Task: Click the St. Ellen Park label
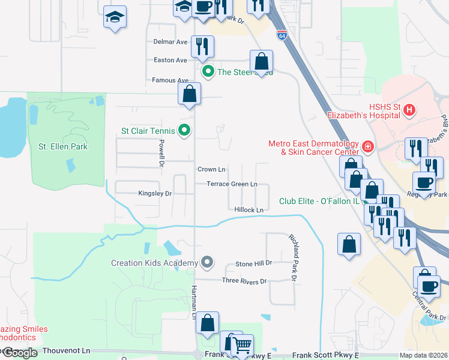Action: [x=63, y=146]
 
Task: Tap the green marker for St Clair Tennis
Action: [x=185, y=130]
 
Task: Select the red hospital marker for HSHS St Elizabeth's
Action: [x=409, y=110]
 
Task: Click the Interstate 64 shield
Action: [x=282, y=35]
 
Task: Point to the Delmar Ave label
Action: [x=170, y=42]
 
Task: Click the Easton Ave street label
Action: [x=170, y=60]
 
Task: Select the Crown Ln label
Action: [x=211, y=170]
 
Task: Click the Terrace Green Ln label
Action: [x=232, y=184]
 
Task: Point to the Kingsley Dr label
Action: [x=155, y=194]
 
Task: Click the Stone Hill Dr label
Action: [x=253, y=263]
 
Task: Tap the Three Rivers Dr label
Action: [x=244, y=281]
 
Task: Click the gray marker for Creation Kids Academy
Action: [x=207, y=262]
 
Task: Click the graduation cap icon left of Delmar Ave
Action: [x=115, y=17]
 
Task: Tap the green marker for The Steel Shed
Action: [x=208, y=72]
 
